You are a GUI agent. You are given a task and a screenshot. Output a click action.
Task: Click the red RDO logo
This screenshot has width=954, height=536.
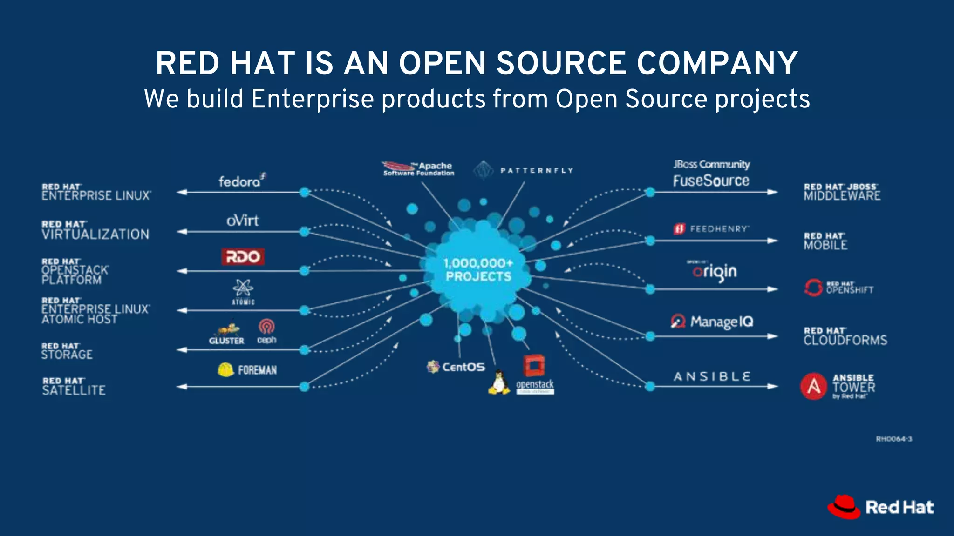pos(243,257)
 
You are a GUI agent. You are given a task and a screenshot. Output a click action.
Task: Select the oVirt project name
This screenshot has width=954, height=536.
pos(242,221)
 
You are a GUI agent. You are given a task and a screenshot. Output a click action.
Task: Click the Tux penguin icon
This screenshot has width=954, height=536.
pos(498,382)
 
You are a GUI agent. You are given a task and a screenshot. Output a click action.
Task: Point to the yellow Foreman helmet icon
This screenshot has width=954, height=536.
pos(225,369)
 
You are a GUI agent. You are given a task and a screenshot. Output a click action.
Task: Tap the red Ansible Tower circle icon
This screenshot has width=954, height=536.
pos(813,386)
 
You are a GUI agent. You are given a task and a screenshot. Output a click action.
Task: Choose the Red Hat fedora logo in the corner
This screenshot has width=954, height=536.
pos(844,507)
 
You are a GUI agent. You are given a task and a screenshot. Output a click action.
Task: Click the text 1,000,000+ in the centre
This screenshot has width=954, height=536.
pos(478,263)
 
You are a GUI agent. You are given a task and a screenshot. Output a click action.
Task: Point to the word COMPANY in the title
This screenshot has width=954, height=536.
pos(717,63)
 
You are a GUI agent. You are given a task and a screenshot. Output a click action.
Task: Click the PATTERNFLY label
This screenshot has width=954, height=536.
pos(537,171)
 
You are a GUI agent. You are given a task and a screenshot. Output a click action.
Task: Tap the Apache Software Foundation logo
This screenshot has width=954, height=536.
pos(418,168)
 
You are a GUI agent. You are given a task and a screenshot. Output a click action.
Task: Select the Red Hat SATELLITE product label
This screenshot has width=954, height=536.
pos(74,387)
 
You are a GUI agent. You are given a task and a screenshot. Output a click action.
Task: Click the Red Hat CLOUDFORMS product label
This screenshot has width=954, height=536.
pos(845,336)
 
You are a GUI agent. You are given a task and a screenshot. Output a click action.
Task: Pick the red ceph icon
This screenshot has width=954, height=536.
pos(266,327)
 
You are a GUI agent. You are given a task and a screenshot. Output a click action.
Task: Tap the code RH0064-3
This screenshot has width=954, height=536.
pos(893,439)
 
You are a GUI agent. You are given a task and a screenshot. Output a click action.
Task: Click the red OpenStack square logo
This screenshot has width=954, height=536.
pos(534,366)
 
